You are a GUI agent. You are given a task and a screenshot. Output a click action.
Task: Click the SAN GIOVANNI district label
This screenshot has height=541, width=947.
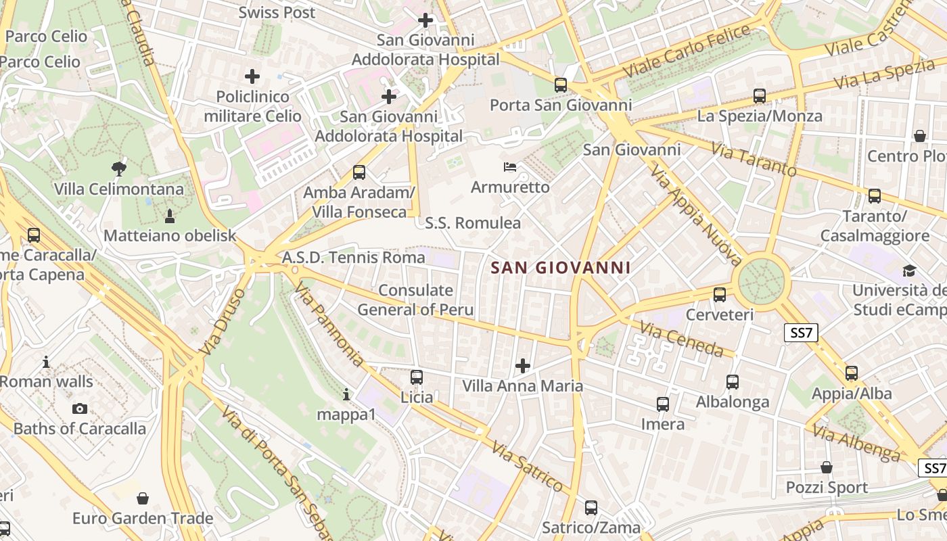(x=560, y=268)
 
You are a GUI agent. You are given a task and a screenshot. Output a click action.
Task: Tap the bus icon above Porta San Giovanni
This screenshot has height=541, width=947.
(x=560, y=85)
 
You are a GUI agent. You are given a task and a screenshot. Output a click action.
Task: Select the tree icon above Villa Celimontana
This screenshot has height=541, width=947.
(x=119, y=168)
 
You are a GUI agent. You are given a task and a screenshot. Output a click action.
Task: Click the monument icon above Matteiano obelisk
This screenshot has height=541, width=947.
(x=169, y=216)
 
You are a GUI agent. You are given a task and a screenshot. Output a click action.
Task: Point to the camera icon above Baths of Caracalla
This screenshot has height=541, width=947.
(x=80, y=408)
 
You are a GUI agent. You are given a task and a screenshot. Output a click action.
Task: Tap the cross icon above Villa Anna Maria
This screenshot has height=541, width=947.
(x=522, y=366)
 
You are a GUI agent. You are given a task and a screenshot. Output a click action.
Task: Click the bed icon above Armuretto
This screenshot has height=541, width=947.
(x=511, y=166)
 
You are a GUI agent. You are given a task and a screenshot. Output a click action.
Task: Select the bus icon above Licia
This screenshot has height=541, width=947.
(x=417, y=377)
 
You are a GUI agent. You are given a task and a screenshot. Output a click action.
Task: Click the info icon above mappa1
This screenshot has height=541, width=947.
(x=346, y=394)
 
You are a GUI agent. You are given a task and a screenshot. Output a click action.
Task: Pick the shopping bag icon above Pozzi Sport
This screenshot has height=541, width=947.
(x=827, y=467)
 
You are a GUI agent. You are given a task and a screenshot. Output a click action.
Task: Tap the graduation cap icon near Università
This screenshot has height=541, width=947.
(x=909, y=271)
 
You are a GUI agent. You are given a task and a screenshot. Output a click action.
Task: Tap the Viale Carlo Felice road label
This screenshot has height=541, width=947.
(x=687, y=51)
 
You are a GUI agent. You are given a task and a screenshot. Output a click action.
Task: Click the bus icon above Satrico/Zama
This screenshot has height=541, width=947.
(x=591, y=507)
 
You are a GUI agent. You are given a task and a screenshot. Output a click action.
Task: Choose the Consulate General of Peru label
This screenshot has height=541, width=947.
(x=415, y=300)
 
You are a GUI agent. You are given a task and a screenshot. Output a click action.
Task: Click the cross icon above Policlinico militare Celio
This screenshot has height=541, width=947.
(x=252, y=76)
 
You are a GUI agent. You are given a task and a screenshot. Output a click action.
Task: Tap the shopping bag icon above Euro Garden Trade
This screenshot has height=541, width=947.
(x=143, y=498)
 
